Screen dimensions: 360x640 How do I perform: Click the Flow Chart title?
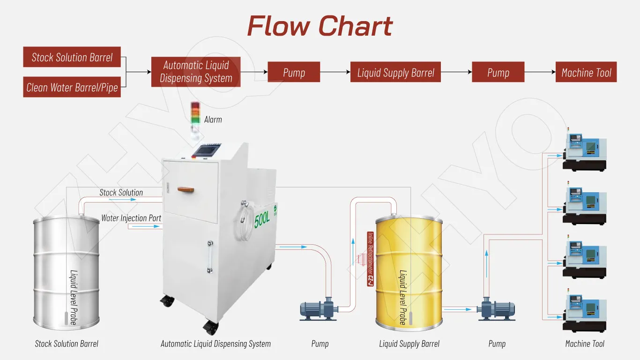coord(320,26)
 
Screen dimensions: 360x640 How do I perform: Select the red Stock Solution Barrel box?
coord(72,57)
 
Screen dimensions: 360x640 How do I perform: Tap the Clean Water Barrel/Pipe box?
coord(72,87)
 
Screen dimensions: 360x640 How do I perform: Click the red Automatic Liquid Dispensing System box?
coord(196,72)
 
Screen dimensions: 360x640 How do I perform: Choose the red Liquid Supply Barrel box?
coord(395,72)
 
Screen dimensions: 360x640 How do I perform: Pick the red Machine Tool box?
coord(586,72)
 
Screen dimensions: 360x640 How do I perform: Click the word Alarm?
coord(213,120)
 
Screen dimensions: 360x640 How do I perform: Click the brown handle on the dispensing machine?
coord(186,189)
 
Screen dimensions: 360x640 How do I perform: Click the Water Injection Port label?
coord(131,218)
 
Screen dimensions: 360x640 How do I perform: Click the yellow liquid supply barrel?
coord(409,272)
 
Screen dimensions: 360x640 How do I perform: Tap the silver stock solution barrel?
coord(66,272)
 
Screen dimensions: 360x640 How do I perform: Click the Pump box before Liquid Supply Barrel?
coord(294,72)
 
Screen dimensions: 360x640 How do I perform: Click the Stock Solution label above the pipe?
coord(121,192)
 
